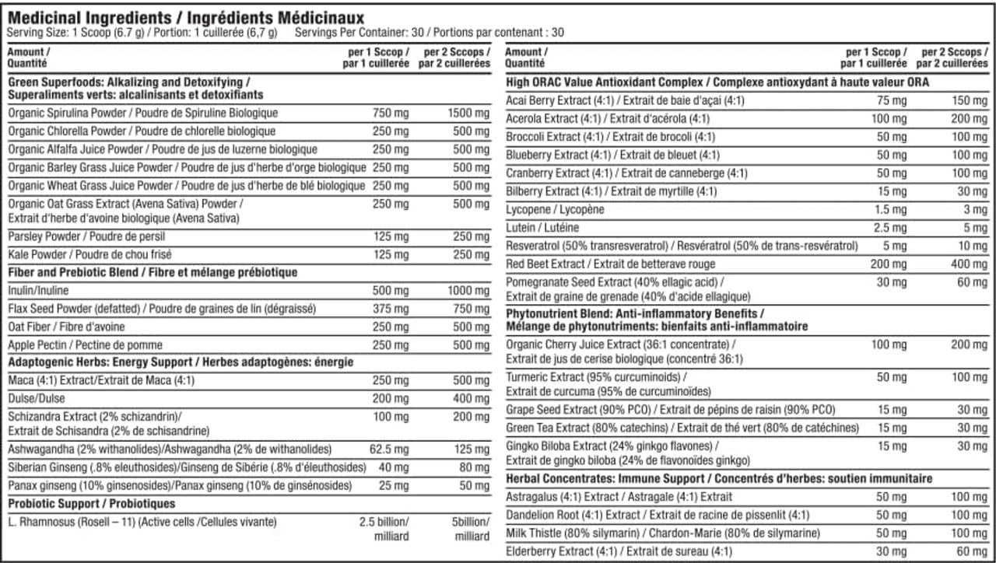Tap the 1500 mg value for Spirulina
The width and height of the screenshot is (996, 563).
[469, 113]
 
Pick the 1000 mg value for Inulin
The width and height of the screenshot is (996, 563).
[469, 290]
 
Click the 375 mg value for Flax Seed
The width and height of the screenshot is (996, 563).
[391, 309]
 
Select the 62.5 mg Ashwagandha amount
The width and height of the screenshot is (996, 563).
[388, 449]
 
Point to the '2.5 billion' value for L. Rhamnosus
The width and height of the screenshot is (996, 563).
[384, 522]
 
